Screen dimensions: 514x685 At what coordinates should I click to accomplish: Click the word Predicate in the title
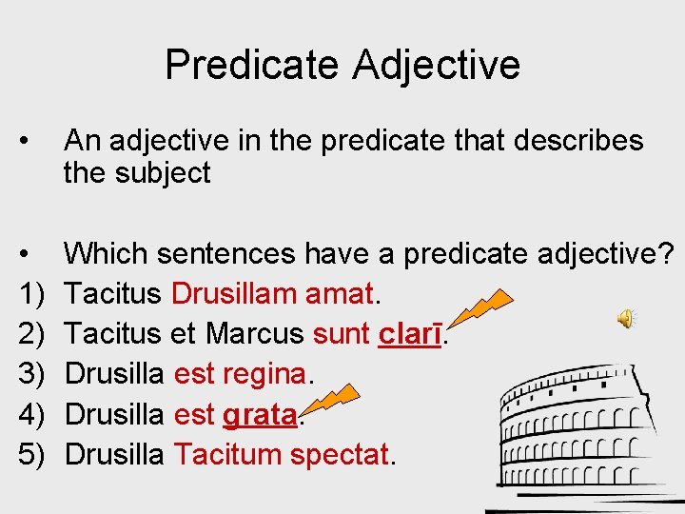[251, 65]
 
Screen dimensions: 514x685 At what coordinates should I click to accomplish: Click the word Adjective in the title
[437, 65]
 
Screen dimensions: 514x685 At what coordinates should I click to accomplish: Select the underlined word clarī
[412, 334]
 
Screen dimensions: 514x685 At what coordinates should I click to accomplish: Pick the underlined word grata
[260, 415]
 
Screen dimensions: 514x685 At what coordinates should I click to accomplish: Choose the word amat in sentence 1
[340, 294]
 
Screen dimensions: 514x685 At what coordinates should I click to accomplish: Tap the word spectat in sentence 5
[340, 455]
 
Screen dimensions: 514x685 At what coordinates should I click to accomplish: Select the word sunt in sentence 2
[342, 334]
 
